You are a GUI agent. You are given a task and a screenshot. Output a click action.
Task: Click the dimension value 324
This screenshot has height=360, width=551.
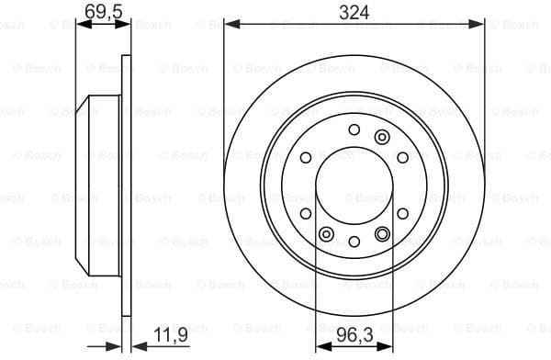click(x=354, y=12)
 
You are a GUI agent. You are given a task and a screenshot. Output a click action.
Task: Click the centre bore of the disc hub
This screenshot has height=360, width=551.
click(x=354, y=185)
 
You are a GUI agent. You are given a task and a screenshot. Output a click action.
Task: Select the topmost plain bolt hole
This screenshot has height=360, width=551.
click(x=354, y=129)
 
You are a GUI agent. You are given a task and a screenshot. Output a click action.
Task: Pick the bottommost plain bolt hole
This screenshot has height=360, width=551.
click(x=354, y=241)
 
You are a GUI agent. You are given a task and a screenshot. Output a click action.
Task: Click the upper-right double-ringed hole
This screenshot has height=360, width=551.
click(x=382, y=137)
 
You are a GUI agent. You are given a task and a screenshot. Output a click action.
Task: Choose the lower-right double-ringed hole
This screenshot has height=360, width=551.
click(x=383, y=233)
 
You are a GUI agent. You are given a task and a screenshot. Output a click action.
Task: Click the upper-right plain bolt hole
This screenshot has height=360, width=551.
click(x=402, y=157)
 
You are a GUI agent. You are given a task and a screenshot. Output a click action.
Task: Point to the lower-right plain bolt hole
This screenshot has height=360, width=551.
click(x=402, y=213)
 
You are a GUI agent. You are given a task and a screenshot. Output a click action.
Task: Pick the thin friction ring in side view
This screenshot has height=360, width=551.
click(x=126, y=184)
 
